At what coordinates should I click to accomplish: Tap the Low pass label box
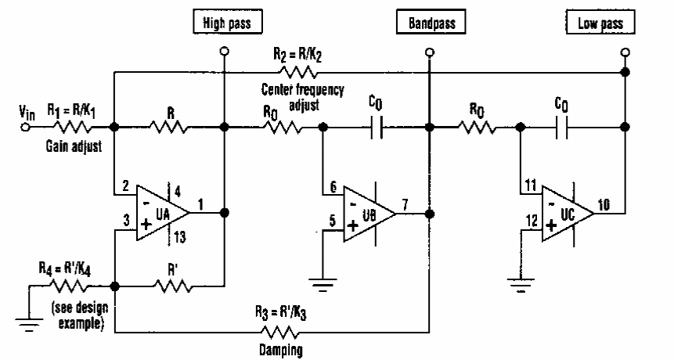pos(601,23)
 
